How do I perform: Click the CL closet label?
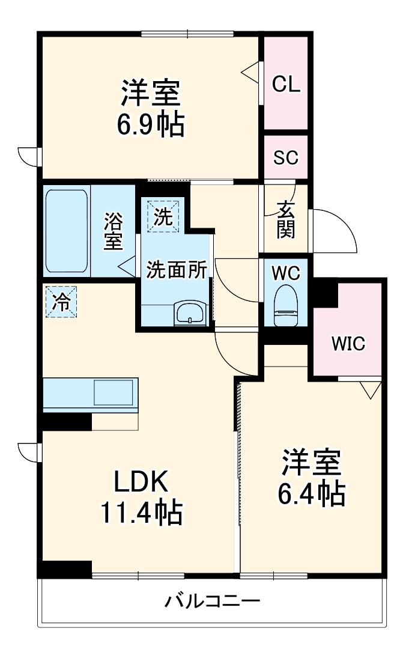tap(286, 84)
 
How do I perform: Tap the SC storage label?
tap(286, 157)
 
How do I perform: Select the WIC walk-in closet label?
tap(348, 344)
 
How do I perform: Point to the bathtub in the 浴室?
tap(67, 231)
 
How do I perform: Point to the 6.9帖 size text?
tap(150, 124)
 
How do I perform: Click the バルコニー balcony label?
tap(213, 600)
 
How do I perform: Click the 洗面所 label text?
tap(177, 270)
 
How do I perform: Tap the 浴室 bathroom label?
tap(113, 231)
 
